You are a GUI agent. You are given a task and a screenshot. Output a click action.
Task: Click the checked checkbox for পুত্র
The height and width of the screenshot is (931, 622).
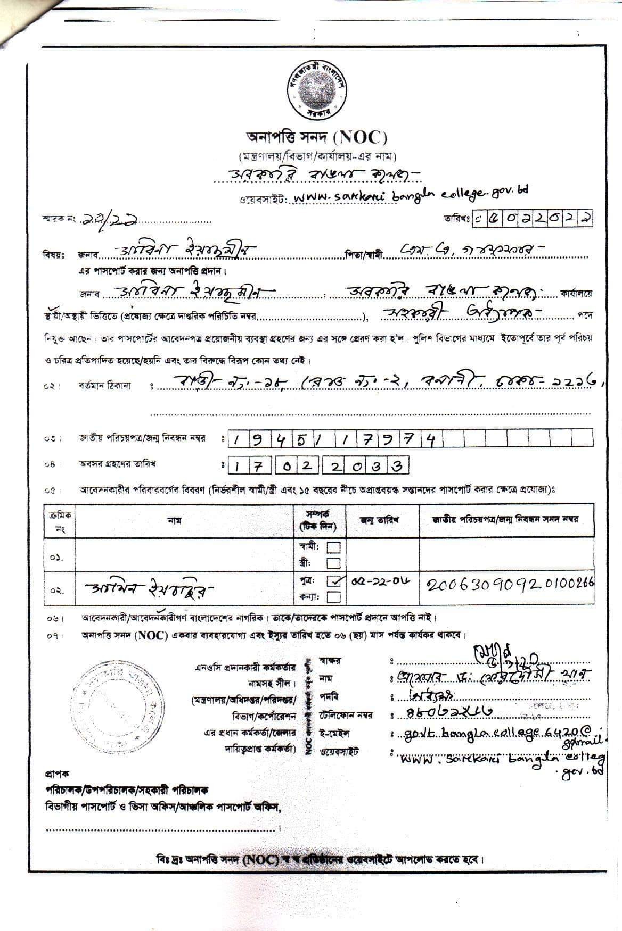coord(334,581)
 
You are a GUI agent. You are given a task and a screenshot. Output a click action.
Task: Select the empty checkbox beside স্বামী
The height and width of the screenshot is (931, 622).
coord(334,547)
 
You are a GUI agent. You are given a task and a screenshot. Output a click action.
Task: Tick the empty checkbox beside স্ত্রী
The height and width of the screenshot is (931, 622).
coord(334,563)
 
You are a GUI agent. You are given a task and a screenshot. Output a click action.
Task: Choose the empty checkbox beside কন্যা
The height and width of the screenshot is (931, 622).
coord(334,597)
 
